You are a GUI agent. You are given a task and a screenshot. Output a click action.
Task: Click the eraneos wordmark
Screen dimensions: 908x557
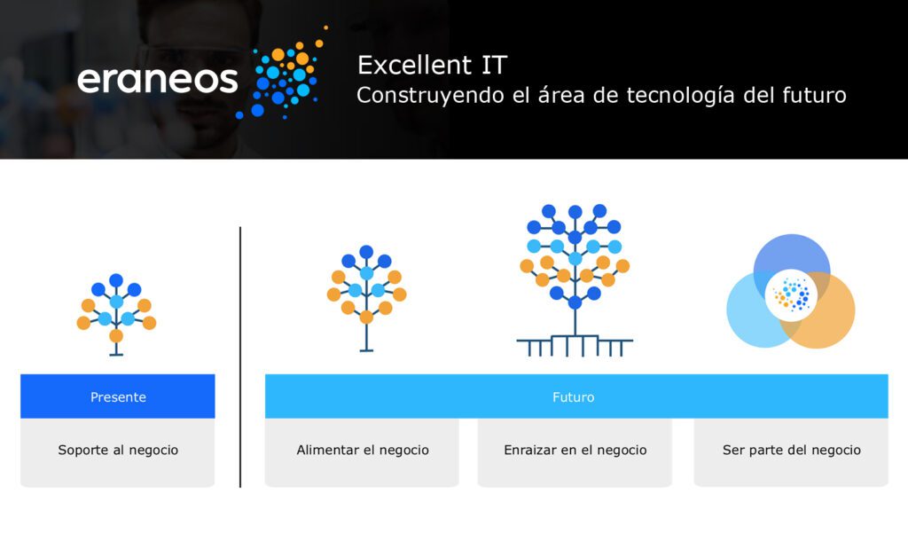coord(158,80)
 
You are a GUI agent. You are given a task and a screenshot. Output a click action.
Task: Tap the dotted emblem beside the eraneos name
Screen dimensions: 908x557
coord(283,74)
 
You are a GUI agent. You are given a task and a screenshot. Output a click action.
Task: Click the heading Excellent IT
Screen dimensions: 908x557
coord(432,65)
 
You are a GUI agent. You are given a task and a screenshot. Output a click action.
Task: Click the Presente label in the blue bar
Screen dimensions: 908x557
coord(118,397)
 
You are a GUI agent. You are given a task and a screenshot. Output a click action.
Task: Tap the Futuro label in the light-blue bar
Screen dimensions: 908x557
coord(574,397)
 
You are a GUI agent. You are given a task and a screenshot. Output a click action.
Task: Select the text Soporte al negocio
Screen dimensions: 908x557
coord(118,450)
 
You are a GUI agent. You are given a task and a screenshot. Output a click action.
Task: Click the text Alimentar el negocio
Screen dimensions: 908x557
coord(363,450)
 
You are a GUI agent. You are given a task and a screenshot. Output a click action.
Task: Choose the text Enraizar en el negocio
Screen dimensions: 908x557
coord(575,450)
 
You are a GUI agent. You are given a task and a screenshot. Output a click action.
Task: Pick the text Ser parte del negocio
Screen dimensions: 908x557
coord(792,450)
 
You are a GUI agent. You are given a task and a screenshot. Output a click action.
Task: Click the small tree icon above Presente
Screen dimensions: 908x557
coord(116,314)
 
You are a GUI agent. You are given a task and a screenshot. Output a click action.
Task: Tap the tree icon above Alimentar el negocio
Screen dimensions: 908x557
coord(366,298)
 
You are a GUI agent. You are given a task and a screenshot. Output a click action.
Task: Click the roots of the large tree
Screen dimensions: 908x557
coord(575,346)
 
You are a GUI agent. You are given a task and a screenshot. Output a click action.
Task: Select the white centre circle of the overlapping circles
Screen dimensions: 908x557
coord(791,295)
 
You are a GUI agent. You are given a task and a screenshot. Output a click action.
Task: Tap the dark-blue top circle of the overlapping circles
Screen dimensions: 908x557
coord(792,252)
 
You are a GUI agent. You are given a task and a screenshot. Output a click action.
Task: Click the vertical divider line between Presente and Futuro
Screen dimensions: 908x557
coord(240,357)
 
